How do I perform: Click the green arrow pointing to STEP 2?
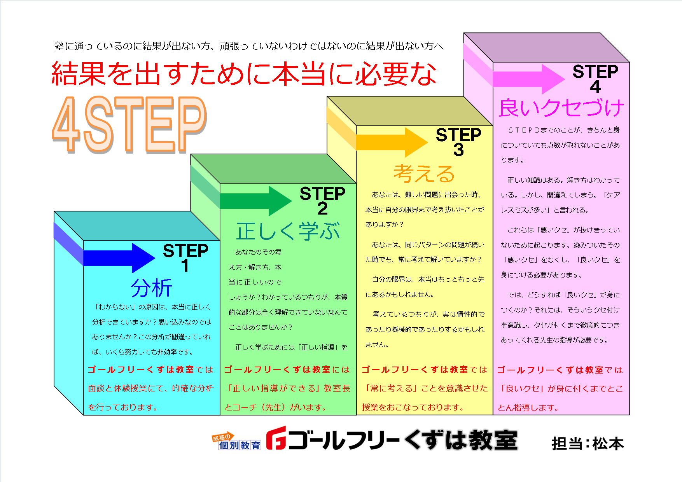[255, 201]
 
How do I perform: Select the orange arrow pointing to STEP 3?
[392, 142]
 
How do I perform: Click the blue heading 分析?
[151, 288]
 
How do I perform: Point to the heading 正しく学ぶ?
[288, 231]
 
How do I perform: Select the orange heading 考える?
[424, 173]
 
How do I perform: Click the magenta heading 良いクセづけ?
[561, 108]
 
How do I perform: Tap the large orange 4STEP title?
[129, 124]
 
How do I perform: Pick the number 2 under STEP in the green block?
[322, 209]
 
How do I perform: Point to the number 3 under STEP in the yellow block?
[458, 150]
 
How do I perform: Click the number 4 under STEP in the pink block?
[595, 86]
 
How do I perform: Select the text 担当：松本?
[588, 444]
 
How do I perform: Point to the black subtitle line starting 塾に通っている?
[249, 46]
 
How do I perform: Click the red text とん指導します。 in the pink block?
[528, 407]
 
